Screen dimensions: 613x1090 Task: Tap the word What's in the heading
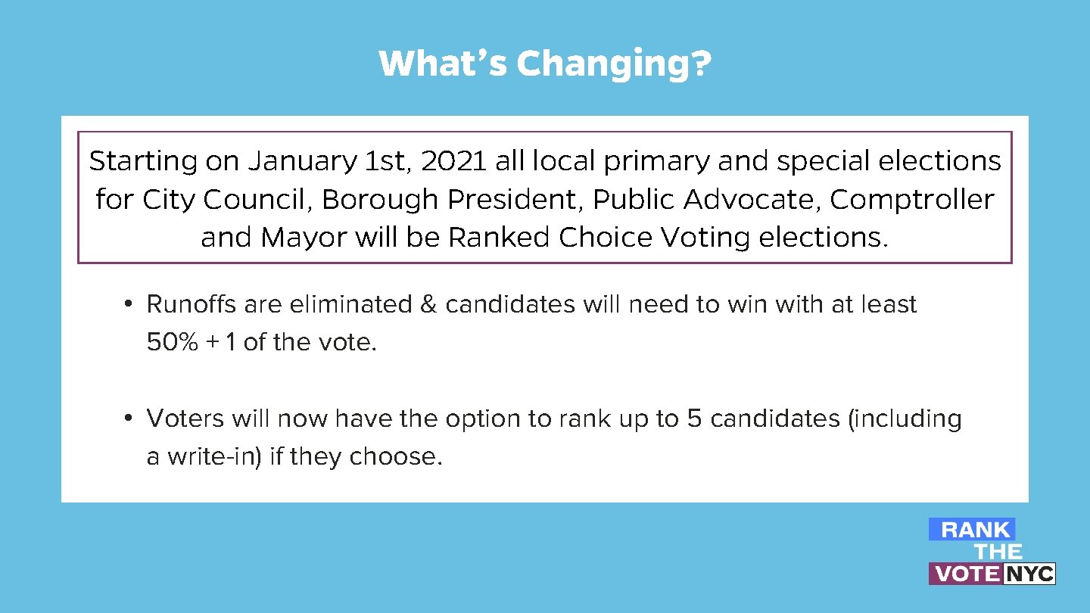coord(443,64)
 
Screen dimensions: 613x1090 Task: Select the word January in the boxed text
coord(302,161)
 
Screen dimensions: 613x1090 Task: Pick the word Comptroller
coord(911,200)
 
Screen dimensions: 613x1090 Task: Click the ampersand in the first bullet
coord(428,304)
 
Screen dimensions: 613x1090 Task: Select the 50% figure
coord(171,342)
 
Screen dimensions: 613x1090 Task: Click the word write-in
coord(214,457)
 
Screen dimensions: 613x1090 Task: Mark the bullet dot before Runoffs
coord(129,304)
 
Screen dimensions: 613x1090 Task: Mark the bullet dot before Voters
coord(129,419)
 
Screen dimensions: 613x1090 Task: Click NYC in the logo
coord(1029,574)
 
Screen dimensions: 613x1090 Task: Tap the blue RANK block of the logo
coord(973,530)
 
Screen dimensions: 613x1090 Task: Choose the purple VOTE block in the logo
coord(966,574)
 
